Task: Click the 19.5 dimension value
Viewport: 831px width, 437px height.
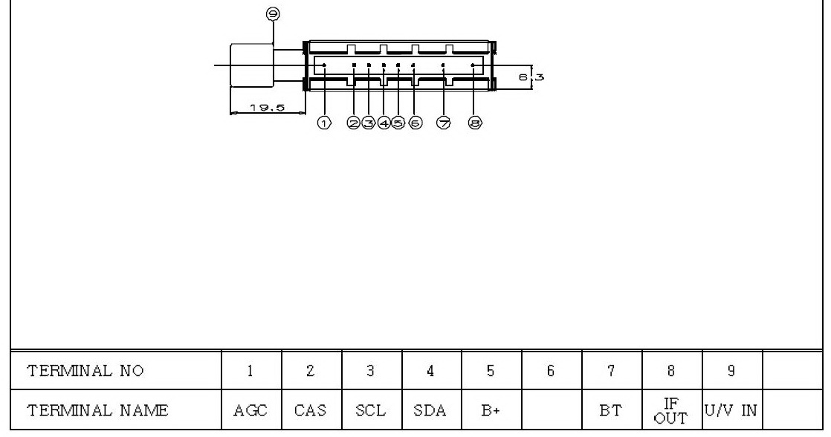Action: pos(268,108)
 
